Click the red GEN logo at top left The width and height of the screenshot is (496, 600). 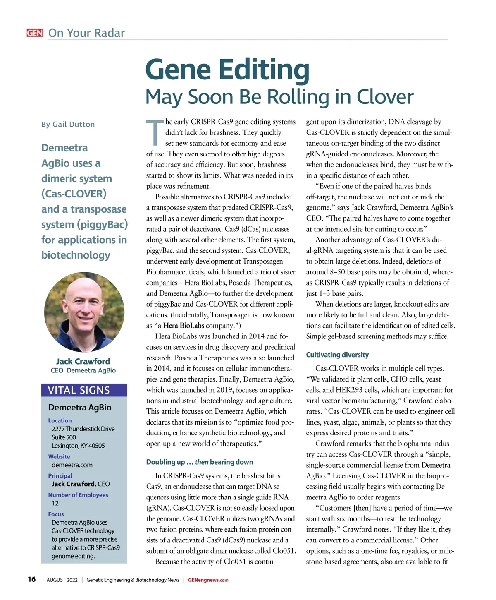coord(35,33)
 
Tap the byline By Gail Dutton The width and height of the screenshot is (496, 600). coord(68,124)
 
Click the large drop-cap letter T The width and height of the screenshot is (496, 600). coord(155,133)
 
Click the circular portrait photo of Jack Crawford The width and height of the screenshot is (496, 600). coord(84,312)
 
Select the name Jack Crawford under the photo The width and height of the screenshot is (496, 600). coord(83,361)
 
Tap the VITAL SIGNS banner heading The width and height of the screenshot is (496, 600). coord(79,390)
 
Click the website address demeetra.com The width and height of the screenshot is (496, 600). coord(72,465)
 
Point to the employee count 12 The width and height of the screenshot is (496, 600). coord(55,503)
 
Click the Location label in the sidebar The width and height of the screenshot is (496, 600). coord(60,420)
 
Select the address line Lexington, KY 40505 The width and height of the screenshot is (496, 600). coord(78,446)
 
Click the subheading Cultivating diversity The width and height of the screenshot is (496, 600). coord(337,355)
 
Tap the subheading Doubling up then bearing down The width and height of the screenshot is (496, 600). coord(200,462)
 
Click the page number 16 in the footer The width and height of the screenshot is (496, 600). coord(31,579)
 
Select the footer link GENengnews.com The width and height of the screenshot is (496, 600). coord(208,580)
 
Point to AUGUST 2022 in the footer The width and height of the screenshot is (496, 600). coord(62,580)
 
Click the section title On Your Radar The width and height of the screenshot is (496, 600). coord(86,33)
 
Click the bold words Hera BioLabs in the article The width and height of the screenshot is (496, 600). coord(184,326)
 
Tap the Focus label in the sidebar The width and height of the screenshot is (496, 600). coord(56,514)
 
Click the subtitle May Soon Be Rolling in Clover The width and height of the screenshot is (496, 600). coord(279,97)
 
